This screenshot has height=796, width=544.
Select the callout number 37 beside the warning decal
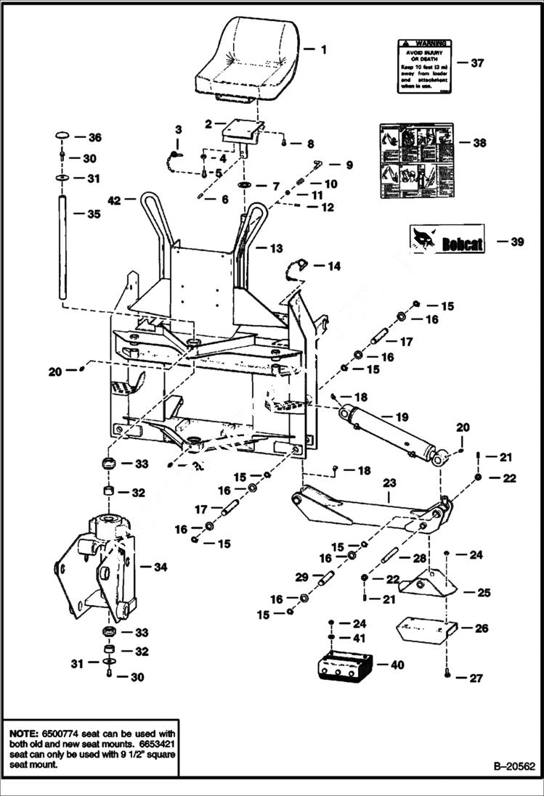point(476,63)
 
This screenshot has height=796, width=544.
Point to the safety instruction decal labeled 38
point(416,160)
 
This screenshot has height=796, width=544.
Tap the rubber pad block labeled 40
point(344,665)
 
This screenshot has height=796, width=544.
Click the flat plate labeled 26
point(424,628)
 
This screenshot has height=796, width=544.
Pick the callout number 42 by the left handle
point(113,200)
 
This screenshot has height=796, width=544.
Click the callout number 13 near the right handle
point(276,249)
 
